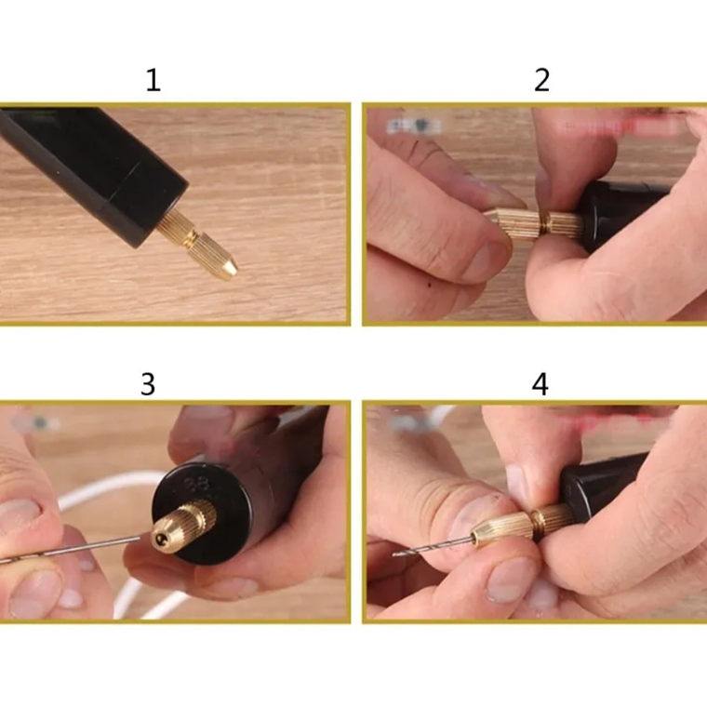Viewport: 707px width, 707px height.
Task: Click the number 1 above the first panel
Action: (x=153, y=80)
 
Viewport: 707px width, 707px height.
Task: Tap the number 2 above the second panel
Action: (x=541, y=80)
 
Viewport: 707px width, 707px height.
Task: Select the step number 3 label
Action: (x=147, y=384)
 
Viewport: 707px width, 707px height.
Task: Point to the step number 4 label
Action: (x=540, y=384)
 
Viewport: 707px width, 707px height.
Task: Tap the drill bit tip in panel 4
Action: (x=398, y=554)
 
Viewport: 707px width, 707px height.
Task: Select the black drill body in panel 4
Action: (x=605, y=479)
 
